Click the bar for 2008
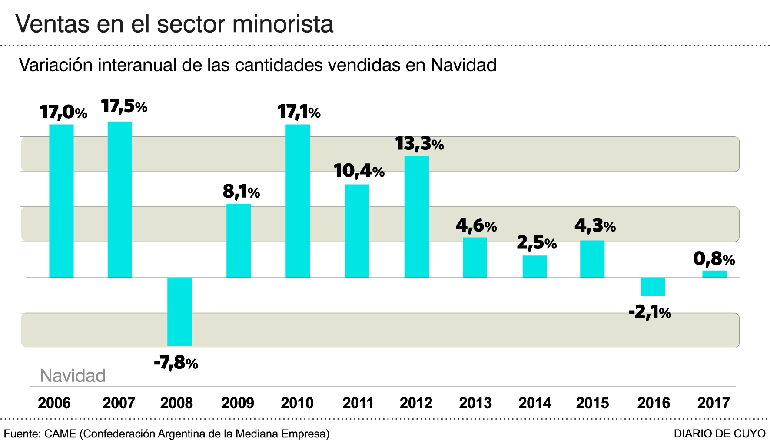[179, 311]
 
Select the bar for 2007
[120, 199]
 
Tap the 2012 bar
[416, 217]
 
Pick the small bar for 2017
[714, 274]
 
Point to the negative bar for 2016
[653, 287]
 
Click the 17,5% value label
[124, 106]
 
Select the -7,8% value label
[176, 362]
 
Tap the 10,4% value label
[359, 171]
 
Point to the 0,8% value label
[714, 259]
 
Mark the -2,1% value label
[650, 312]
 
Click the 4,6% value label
[476, 225]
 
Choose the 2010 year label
[297, 403]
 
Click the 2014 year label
[534, 403]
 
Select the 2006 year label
[54, 403]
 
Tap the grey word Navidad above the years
[73, 376]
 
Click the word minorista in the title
[283, 24]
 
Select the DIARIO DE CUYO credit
[720, 434]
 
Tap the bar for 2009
[239, 241]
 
